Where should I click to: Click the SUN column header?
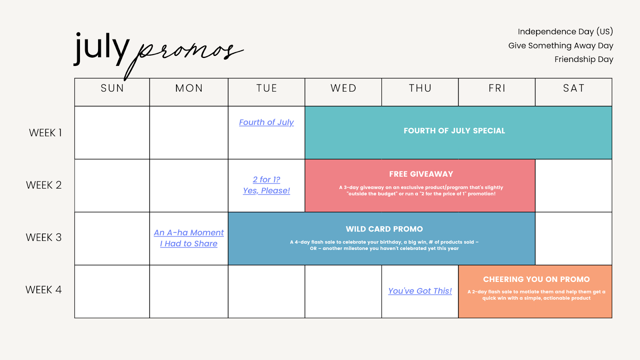tap(112, 88)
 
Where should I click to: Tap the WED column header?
tap(344, 88)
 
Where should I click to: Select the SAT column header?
tap(574, 88)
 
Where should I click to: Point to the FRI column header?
tap(497, 88)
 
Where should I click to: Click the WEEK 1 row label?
tap(45, 133)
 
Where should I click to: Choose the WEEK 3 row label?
tap(44, 238)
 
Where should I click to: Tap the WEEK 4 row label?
tap(44, 290)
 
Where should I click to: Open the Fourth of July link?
tap(266, 122)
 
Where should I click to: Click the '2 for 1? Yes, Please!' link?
tap(266, 185)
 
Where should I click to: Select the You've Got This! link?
tap(420, 291)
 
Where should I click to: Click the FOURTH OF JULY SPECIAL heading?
tap(454, 131)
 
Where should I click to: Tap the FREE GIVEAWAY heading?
tap(421, 174)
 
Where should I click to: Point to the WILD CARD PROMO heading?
tap(384, 229)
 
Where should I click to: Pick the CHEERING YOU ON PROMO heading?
tap(536, 279)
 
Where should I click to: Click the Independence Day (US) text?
tap(566, 32)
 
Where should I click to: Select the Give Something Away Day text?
tap(560, 46)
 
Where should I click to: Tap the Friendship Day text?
tap(584, 60)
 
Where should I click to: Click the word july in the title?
tap(102, 48)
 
